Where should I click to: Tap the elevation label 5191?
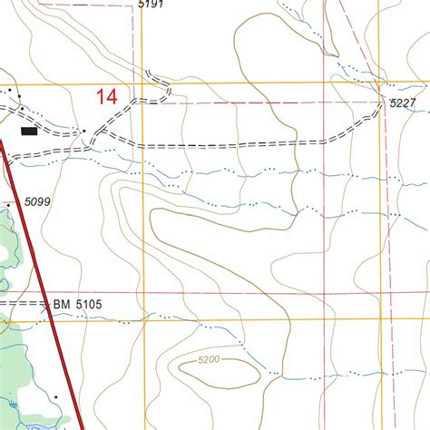(x=151, y=5)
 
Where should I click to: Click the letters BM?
(x=61, y=304)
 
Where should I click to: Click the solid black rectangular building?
(x=30, y=131)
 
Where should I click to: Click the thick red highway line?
(x=36, y=254)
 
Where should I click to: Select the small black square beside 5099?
(x=8, y=207)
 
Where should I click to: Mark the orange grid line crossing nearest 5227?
(x=379, y=83)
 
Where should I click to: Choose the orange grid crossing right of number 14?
(x=143, y=84)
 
